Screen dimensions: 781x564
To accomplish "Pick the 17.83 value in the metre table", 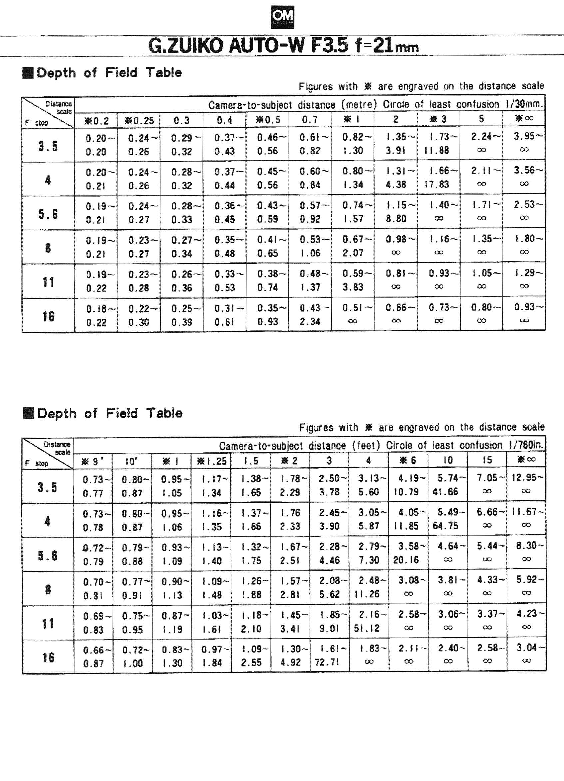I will pos(436,184).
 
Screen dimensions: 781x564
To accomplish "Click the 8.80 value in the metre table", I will pos(396,219).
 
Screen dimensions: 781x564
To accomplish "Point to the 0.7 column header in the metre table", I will pos(310,120).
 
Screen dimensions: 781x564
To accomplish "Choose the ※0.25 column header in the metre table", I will pos(139,120).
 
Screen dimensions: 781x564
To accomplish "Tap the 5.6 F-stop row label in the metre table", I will pos(48,214).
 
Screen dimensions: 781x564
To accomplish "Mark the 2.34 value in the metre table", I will pos(310,321).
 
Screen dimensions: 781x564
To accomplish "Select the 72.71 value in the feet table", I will pos(327,662).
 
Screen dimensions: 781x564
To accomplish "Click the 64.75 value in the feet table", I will pos(445,526).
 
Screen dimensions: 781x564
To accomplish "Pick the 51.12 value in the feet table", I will pos(366,628).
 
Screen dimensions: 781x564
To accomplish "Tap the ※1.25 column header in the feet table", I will pos(211,461).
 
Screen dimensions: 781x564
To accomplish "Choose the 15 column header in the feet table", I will pos(487,460).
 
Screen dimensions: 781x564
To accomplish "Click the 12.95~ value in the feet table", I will pos(527,478).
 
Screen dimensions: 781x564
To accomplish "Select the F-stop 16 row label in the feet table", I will pos(48,657).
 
